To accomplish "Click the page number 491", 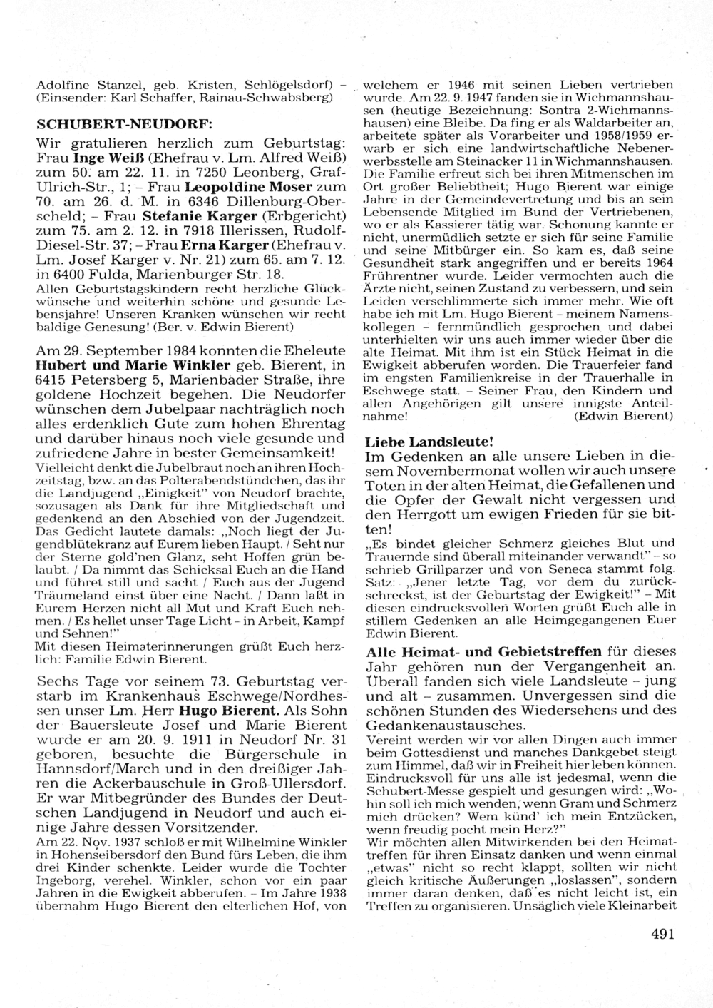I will pos(662,932).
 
